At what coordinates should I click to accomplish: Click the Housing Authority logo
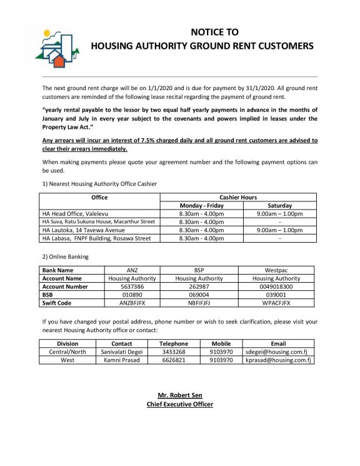pyautogui.click(x=58, y=48)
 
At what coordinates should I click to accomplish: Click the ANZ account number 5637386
pyautogui.click(x=132, y=286)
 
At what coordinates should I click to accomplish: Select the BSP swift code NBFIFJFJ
pyautogui.click(x=199, y=303)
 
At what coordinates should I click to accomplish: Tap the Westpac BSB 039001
pyautogui.click(x=276, y=295)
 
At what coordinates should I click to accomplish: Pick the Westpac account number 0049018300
pyautogui.click(x=276, y=286)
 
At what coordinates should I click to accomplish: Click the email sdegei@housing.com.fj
pyautogui.click(x=277, y=352)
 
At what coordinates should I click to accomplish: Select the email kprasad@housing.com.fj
pyautogui.click(x=277, y=360)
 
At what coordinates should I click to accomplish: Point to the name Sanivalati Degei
pyautogui.click(x=121, y=352)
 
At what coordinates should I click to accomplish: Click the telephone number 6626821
pyautogui.click(x=173, y=360)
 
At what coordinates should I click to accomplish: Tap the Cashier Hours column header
pyautogui.click(x=238, y=197)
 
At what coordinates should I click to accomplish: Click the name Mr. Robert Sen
pyautogui.click(x=179, y=395)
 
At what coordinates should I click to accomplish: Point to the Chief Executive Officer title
pyautogui.click(x=179, y=404)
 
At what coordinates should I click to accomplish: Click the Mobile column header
pyautogui.click(x=221, y=343)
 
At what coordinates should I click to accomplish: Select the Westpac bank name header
pyautogui.click(x=276, y=270)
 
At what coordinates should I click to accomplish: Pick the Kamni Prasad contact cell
pyautogui.click(x=121, y=360)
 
